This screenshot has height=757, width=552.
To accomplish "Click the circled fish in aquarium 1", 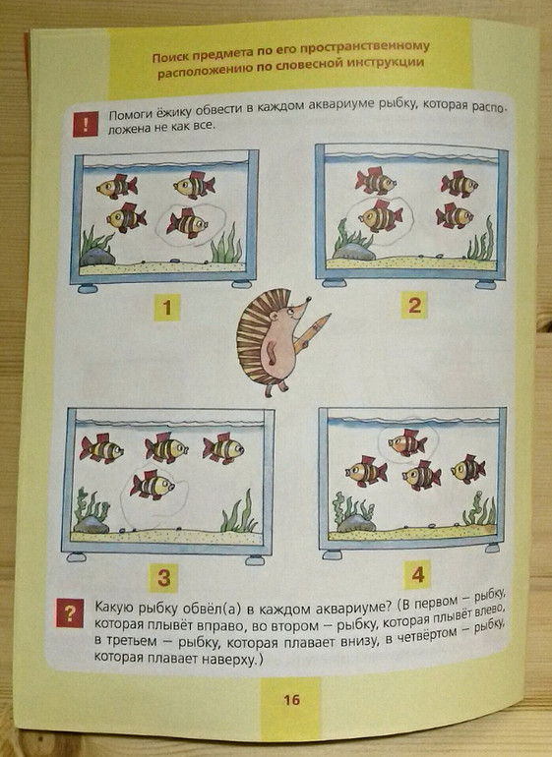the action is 188,223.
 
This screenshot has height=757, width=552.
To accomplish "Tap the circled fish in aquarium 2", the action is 381,216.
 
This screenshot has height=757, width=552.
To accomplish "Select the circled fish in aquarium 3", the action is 152,485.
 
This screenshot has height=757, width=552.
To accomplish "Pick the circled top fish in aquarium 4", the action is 408,442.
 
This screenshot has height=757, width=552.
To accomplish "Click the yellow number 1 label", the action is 167,308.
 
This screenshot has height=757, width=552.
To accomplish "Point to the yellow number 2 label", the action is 414,305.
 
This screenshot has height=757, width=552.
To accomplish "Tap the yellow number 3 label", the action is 163,578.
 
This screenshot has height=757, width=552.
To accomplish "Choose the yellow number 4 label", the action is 417,574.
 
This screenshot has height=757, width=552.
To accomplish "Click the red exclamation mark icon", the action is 85,125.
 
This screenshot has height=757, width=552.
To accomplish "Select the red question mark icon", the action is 70,613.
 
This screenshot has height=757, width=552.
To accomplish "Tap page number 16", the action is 291,700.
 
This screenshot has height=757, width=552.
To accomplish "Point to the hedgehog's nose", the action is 307,299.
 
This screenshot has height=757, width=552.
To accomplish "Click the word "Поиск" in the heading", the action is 168,57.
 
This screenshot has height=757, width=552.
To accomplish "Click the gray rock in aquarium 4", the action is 357,522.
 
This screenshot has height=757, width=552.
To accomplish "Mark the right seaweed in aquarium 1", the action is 226,245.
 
